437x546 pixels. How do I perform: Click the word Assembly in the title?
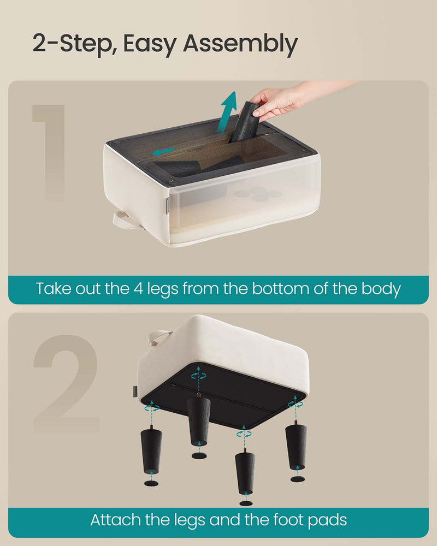click(x=240, y=45)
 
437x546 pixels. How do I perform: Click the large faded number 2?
click(x=66, y=383)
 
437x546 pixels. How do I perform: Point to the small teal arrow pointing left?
click(x=164, y=151)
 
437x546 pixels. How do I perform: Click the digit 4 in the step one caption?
click(x=138, y=289)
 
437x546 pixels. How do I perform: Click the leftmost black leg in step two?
click(x=151, y=450)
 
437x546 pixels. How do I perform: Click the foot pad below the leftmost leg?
click(x=151, y=483)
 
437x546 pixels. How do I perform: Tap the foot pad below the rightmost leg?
click(x=298, y=479)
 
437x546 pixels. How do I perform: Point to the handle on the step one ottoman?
click(x=123, y=221)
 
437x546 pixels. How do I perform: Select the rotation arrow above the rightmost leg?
click(x=296, y=403)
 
